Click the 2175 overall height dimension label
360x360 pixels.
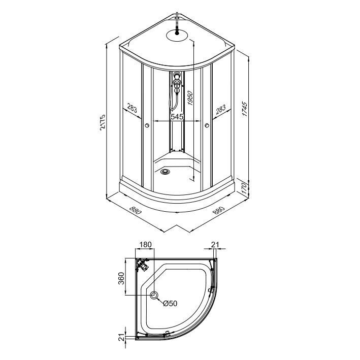click(x=103, y=122)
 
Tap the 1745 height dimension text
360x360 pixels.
click(x=245, y=109)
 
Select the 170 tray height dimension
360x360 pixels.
click(x=244, y=188)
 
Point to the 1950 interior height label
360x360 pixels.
click(x=190, y=98)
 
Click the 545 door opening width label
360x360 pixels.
click(x=177, y=117)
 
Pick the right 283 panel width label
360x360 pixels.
click(x=221, y=110)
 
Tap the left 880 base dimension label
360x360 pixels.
click(x=136, y=210)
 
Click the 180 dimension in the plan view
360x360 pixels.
click(x=145, y=245)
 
